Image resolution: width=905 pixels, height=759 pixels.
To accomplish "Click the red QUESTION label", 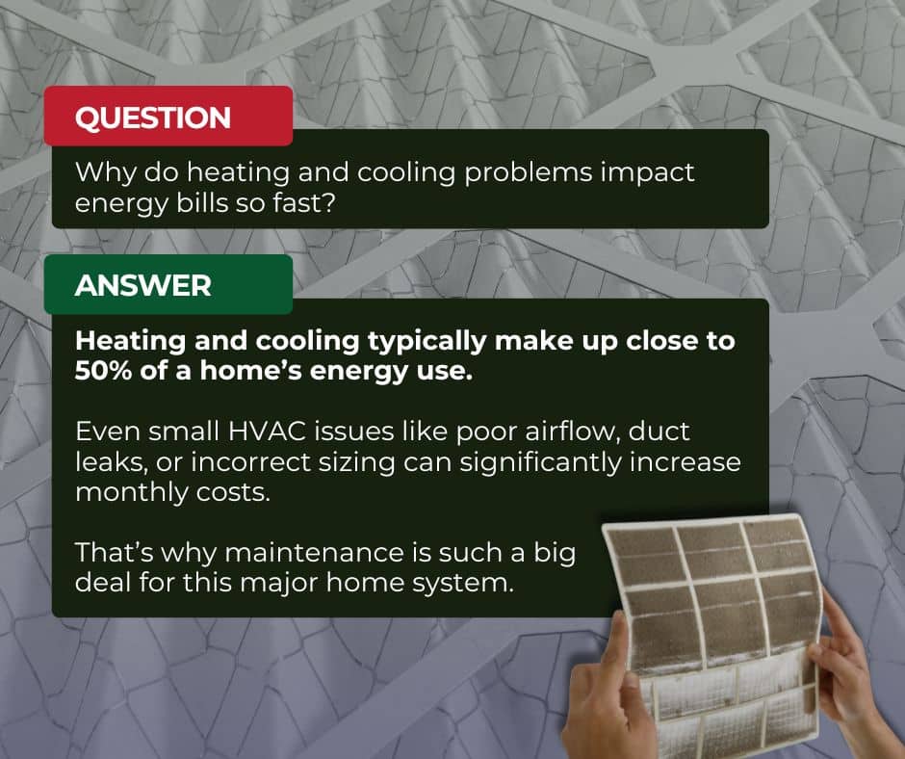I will [x=153, y=118].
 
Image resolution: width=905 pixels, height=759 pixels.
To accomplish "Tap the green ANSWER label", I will [x=143, y=286].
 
